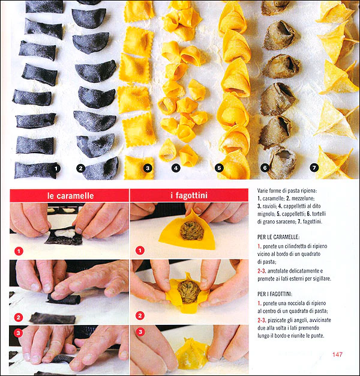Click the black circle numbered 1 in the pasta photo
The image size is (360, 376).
click(56, 169)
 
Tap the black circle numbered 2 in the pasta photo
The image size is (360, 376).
click(81, 169)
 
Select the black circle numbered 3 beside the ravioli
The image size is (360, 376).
click(148, 168)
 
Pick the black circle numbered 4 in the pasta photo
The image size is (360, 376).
click(176, 168)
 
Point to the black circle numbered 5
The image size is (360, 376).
click(219, 168)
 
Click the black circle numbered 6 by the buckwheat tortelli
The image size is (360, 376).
click(265, 168)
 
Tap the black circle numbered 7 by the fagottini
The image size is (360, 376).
click(314, 168)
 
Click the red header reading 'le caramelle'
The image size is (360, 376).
click(70, 196)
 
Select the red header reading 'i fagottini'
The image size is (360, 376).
click(189, 195)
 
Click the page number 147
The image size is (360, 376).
click(337, 354)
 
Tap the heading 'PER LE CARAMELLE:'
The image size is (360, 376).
click(278, 237)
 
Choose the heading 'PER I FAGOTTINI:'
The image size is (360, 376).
click(275, 294)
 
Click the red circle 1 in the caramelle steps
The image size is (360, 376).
click(19, 251)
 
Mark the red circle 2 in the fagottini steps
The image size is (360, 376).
click(140, 315)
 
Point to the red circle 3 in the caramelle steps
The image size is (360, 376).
click(18, 333)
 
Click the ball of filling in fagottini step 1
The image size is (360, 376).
click(192, 231)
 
